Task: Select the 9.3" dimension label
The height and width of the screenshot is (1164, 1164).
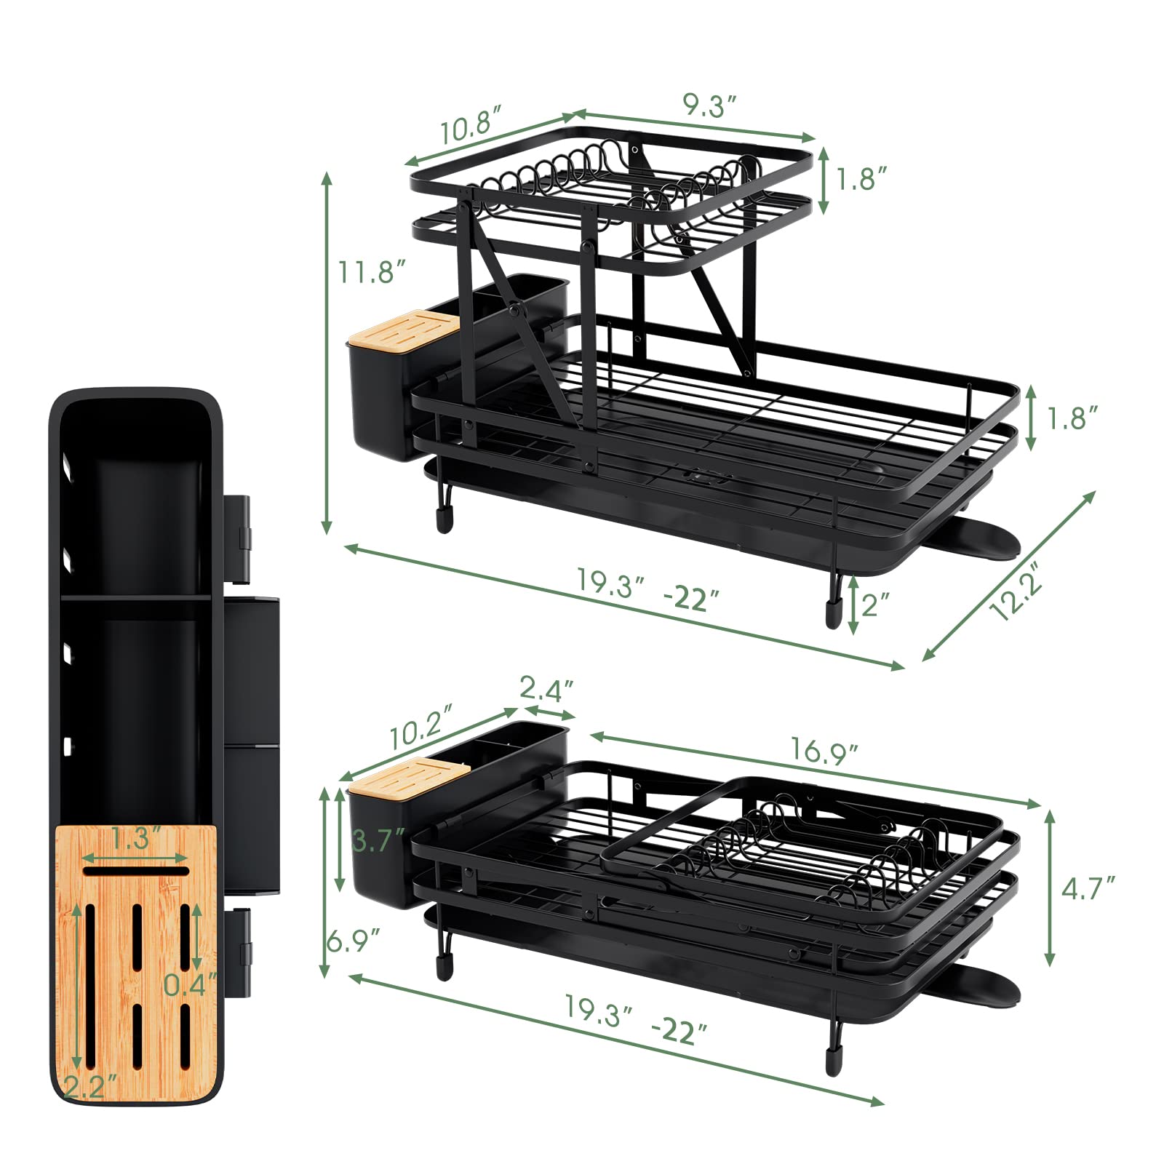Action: (x=710, y=107)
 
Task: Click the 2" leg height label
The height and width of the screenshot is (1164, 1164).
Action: (x=875, y=603)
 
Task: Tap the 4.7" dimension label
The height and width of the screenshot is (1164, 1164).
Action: (x=1088, y=888)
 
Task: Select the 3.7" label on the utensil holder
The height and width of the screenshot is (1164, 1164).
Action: (x=377, y=841)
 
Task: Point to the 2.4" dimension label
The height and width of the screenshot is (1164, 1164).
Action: (x=548, y=687)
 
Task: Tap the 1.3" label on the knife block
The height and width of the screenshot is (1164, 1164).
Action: (x=135, y=839)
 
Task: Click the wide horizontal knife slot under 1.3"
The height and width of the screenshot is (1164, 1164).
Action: (x=135, y=871)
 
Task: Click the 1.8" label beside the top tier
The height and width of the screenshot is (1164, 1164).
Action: (x=861, y=179)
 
